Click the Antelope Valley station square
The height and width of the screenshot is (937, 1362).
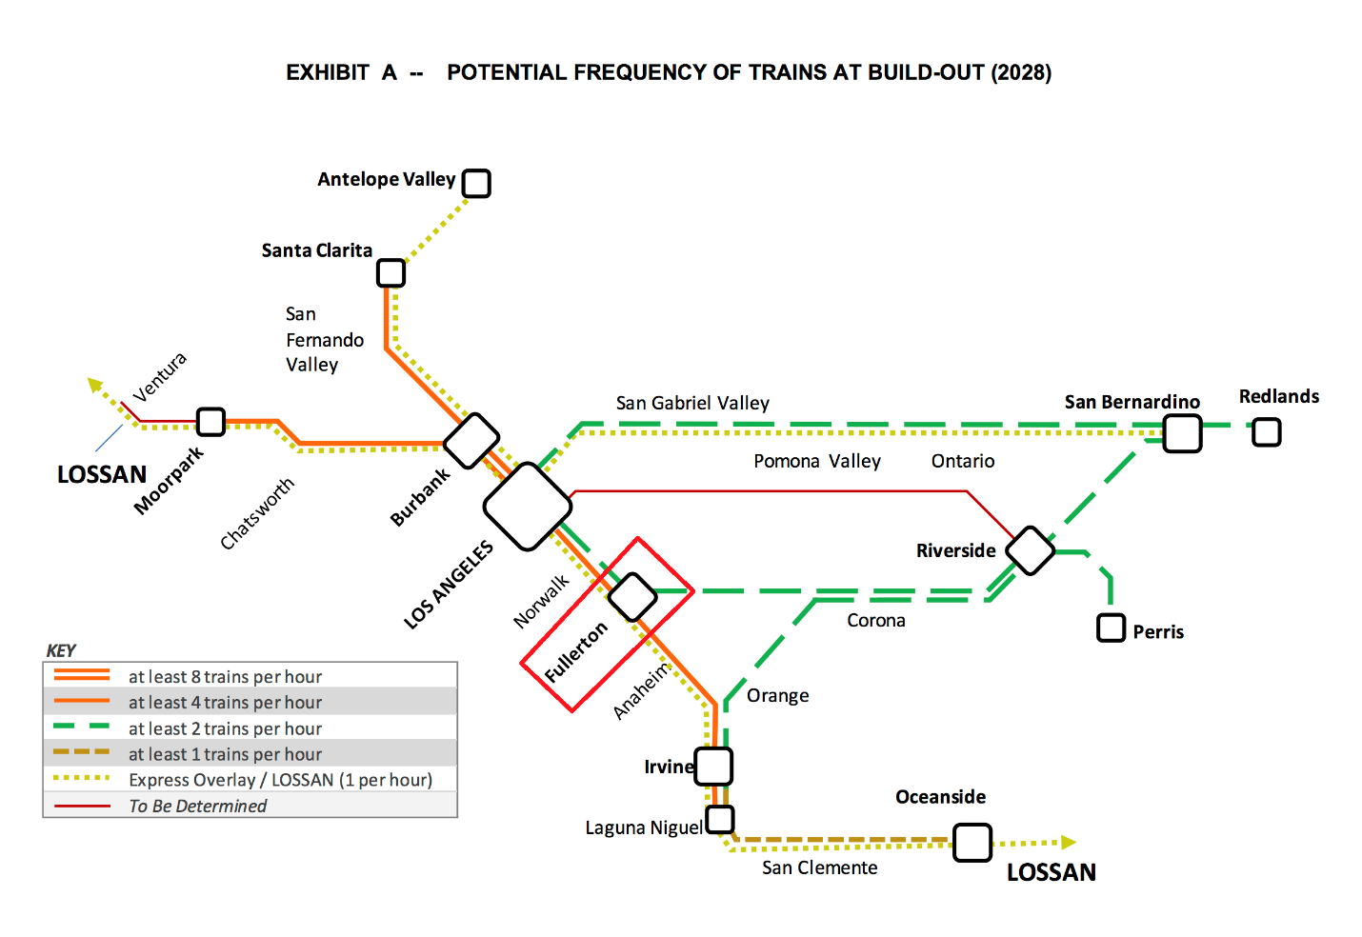[476, 183]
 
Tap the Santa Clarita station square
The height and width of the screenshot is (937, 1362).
[391, 273]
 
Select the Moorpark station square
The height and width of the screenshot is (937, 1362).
[210, 421]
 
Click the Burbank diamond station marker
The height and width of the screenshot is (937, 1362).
[471, 441]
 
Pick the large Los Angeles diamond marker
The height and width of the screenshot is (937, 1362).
[528, 507]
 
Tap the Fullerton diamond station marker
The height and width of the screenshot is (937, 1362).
[632, 597]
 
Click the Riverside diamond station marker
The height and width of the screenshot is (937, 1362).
[1030, 550]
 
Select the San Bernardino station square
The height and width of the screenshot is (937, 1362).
[1182, 433]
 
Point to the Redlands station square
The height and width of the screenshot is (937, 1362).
[1266, 432]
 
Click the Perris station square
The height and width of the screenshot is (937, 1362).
[1111, 628]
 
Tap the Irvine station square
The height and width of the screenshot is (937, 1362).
[713, 766]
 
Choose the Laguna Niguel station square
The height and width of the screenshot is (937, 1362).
[720, 819]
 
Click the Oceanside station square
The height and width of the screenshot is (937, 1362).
[972, 843]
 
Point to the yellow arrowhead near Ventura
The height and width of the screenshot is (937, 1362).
[94, 384]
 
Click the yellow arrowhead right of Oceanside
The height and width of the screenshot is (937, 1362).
[1069, 842]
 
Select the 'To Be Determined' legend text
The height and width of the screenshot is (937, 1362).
[198, 806]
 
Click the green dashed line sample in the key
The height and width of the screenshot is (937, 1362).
[82, 727]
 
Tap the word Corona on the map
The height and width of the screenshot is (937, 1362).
[875, 620]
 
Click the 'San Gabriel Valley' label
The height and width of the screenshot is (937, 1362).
[692, 403]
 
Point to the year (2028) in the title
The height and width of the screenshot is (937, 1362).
[1021, 72]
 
